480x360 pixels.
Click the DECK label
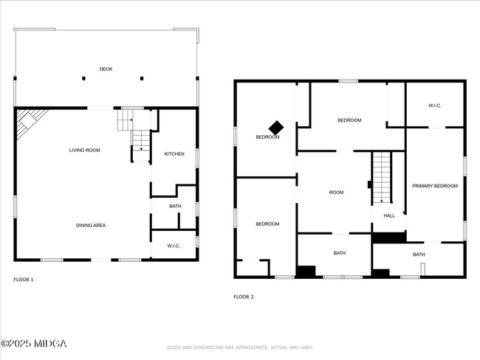(106, 69)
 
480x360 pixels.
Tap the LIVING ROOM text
(84, 150)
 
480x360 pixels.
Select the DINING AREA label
(91, 226)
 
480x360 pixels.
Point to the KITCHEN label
(174, 154)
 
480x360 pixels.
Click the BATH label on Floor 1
(175, 206)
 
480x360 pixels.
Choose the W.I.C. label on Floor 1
(174, 246)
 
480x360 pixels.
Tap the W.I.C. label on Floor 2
(435, 105)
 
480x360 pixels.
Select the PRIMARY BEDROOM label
(435, 186)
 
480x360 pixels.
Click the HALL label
(389, 215)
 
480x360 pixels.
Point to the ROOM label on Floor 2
(337, 193)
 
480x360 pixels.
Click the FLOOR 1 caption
(24, 280)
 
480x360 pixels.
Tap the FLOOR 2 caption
(244, 297)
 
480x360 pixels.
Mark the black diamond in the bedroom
(276, 127)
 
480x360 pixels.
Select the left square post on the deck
(83, 78)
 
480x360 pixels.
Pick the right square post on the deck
(142, 78)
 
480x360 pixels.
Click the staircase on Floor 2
(382, 177)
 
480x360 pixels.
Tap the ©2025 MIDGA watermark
(34, 344)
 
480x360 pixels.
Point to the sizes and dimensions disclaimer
(240, 347)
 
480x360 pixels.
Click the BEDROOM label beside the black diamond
(267, 137)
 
